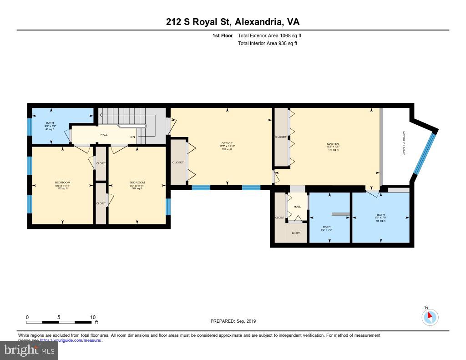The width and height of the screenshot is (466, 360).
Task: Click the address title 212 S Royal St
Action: click(x=233, y=22)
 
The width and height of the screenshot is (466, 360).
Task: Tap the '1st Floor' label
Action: click(x=223, y=35)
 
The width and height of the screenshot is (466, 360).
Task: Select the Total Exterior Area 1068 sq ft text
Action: click(x=269, y=35)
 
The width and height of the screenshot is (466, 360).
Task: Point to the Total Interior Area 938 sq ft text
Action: click(x=268, y=44)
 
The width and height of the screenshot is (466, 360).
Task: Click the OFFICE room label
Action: click(x=227, y=143)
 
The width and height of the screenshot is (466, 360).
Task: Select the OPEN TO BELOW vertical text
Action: click(x=403, y=143)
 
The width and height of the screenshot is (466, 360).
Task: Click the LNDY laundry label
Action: click(x=296, y=233)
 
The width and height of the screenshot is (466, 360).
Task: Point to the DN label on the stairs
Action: click(x=133, y=137)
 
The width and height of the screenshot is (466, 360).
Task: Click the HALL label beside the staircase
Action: click(x=104, y=135)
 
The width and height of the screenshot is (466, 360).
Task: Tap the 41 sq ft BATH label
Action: click(x=49, y=126)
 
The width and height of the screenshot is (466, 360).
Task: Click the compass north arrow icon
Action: click(x=430, y=317)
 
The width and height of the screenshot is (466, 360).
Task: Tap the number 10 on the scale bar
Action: click(x=92, y=317)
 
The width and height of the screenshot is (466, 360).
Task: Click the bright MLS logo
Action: click(x=29, y=350)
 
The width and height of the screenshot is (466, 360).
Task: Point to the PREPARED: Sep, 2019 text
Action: click(x=233, y=321)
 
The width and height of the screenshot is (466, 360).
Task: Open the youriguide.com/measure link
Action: click(x=71, y=340)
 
